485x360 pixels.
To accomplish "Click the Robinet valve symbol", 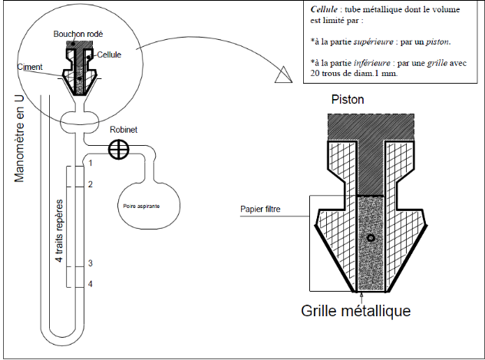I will (x=117, y=148).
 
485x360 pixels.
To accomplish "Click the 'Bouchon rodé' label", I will (x=78, y=35).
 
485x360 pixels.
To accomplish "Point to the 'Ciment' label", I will (x=30, y=67).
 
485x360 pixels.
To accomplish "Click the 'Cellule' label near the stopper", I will (x=110, y=54).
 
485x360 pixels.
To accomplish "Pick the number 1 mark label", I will (x=91, y=163).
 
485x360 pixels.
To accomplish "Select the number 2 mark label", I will (x=91, y=184).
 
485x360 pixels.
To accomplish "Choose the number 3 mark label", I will (x=91, y=263).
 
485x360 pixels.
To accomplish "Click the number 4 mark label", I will (x=91, y=284).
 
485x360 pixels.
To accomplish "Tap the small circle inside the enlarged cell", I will (x=371, y=238).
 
